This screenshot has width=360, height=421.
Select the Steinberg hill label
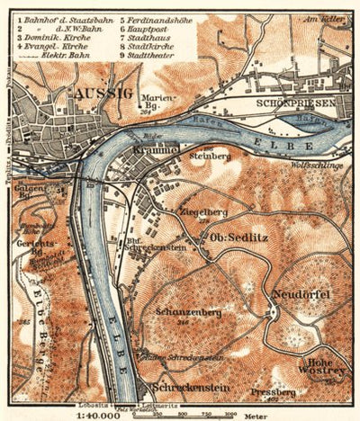pos(211,156)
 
